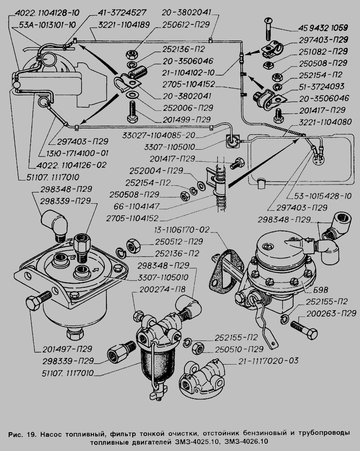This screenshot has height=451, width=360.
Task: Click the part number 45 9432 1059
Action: pos(322,29)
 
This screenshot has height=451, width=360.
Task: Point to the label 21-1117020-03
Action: pos(269,361)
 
